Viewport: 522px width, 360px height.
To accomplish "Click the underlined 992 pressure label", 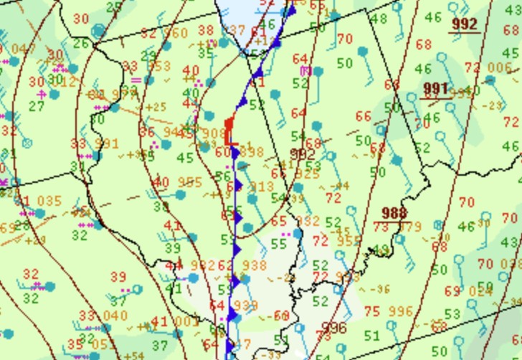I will [464, 24].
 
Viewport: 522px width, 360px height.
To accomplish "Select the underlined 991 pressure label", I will [435, 88].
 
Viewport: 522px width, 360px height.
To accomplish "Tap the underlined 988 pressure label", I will [394, 213].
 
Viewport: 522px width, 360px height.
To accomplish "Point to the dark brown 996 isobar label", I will [333, 328].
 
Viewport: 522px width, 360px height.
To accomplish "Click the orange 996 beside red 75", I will [400, 312].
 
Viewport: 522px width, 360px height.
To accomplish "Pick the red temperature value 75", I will [371, 312].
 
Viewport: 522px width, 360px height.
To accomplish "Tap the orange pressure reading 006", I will [500, 67].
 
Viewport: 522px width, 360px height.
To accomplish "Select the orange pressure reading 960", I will [175, 33].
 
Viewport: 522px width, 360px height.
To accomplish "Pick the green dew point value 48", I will [379, 19].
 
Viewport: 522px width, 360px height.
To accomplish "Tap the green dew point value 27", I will [37, 106].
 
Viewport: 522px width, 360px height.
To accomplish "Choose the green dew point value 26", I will [80, 44].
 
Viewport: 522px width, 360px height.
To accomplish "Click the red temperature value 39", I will [118, 277].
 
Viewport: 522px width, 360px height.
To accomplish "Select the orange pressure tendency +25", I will [156, 108].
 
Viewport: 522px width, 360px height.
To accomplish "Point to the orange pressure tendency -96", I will [379, 290].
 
